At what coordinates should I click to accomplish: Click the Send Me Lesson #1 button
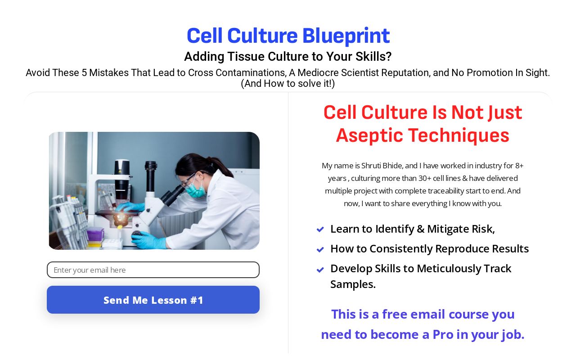[153, 300]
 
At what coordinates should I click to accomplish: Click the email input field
[153, 270]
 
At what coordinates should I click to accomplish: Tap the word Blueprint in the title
[346, 36]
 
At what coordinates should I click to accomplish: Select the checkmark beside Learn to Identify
[320, 229]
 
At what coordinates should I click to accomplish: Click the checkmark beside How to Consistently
[320, 249]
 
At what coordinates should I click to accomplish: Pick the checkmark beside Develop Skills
[320, 269]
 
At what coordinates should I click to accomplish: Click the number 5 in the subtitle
[84, 73]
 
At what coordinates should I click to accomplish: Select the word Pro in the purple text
[443, 334]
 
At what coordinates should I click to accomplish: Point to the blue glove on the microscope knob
[148, 241]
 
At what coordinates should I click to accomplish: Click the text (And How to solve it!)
[288, 84]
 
